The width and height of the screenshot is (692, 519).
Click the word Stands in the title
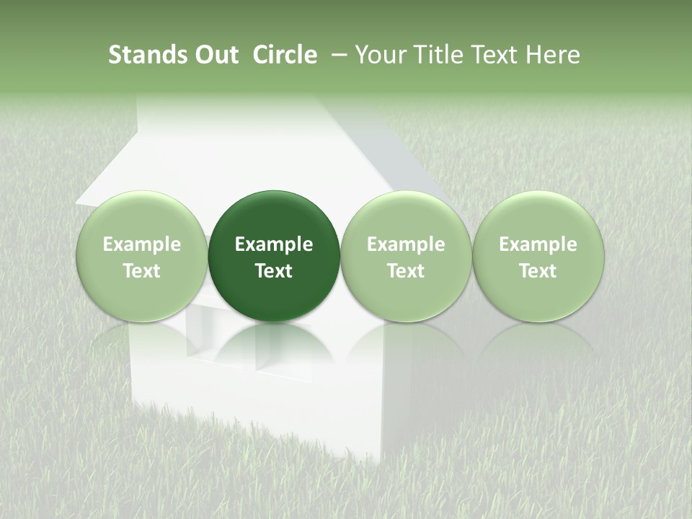[x=146, y=55]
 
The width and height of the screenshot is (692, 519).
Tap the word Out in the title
[x=215, y=55]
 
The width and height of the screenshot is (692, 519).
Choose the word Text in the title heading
[x=492, y=55]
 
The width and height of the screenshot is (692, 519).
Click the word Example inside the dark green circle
[x=274, y=244]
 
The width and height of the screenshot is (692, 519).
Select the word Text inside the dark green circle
[x=274, y=271]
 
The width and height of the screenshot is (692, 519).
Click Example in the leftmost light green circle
[x=142, y=244]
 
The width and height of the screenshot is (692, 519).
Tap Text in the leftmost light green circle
[x=142, y=271]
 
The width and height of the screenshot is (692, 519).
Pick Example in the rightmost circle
[x=538, y=244]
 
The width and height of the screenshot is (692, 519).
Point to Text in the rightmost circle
[x=538, y=271]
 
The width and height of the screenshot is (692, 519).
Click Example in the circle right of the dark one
[x=406, y=244]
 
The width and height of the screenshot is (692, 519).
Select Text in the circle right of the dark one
[x=406, y=271]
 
